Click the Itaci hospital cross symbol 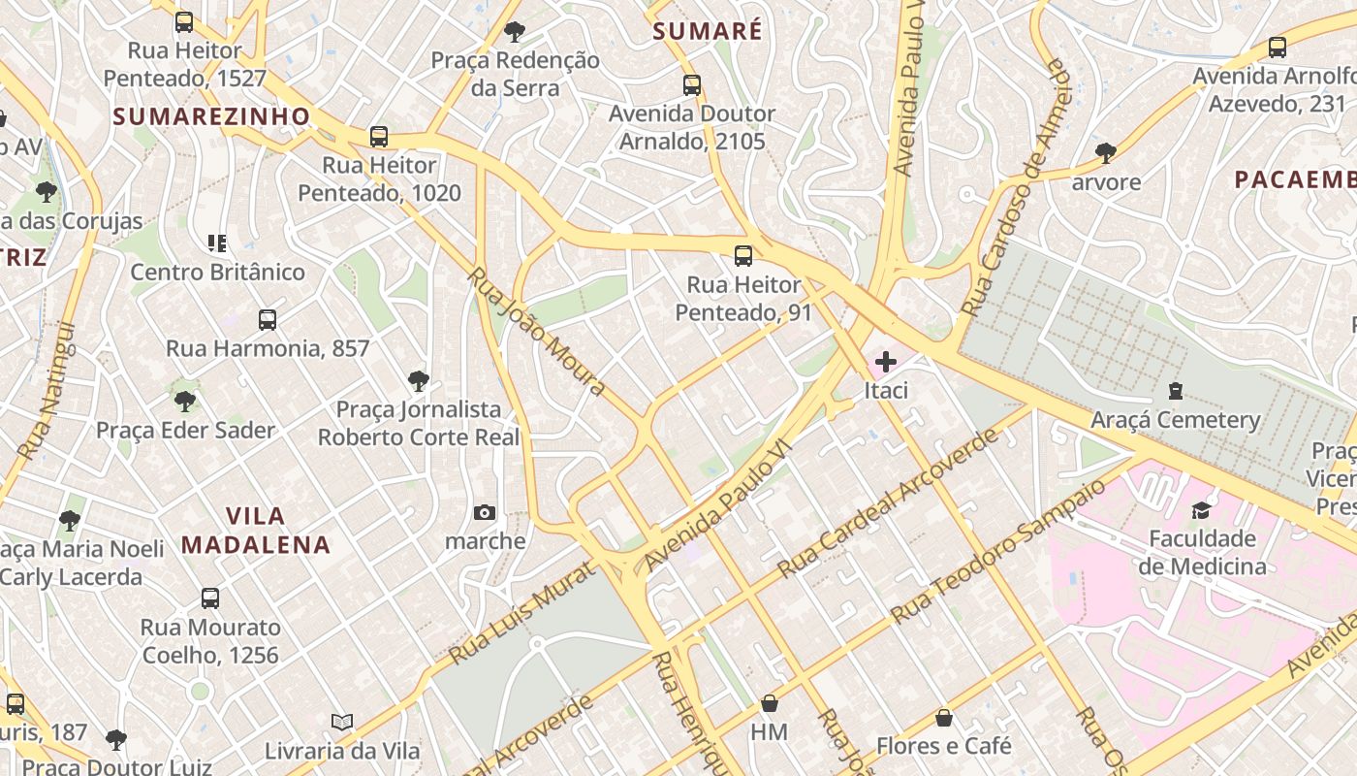(885, 362)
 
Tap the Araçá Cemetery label (1175, 420)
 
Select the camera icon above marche (485, 512)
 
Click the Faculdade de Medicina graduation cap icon (1202, 510)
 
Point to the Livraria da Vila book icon (341, 722)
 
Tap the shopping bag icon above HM (770, 703)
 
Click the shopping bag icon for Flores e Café (943, 718)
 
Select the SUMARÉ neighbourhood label (708, 31)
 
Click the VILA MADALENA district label (256, 530)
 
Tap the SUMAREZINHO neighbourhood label (211, 116)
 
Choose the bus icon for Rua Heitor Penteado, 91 (743, 256)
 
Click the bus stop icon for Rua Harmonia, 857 (268, 319)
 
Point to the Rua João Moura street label (536, 331)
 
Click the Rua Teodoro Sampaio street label (998, 549)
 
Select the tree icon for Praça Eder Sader (184, 401)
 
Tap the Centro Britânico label (217, 272)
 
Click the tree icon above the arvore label (1105, 152)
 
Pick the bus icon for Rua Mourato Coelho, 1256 (210, 598)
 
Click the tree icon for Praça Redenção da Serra (515, 32)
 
